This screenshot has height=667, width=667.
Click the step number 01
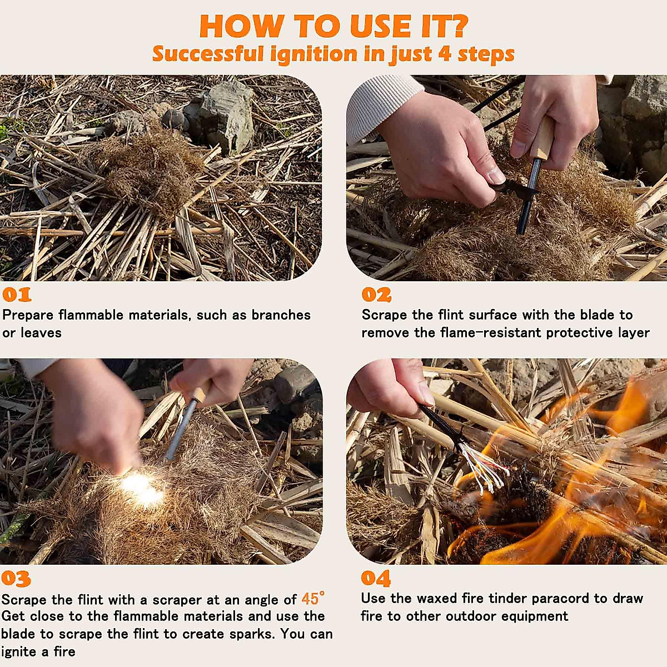point(17,295)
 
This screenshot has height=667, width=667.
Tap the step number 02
point(377,295)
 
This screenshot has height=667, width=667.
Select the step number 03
point(16,579)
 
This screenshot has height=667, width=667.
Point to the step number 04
point(376,579)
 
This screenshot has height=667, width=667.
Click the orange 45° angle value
point(313,599)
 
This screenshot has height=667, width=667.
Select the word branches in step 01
point(281,315)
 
